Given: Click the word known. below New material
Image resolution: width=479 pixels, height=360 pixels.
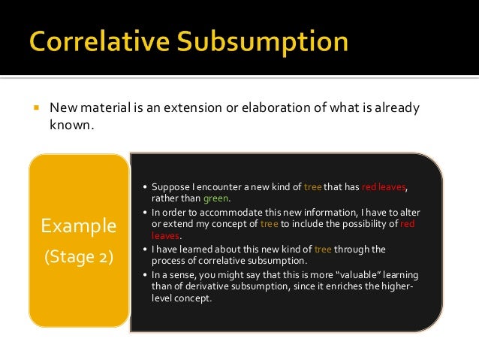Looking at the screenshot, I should tap(72, 125).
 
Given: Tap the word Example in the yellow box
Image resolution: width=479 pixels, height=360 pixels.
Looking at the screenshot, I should tap(79, 225).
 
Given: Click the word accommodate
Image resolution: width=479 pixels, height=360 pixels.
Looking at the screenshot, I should tap(221, 213).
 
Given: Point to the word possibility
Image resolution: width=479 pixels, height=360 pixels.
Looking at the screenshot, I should tap(356, 225).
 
